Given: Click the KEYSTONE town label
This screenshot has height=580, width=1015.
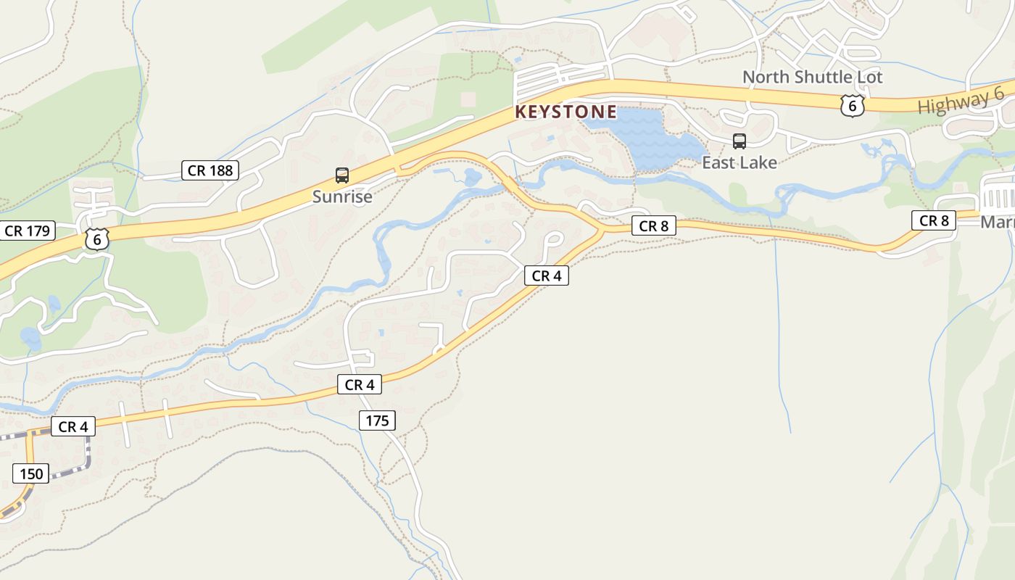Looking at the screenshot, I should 565,112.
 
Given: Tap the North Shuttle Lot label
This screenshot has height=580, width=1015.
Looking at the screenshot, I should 812,77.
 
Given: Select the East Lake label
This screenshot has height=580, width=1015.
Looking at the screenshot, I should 739,162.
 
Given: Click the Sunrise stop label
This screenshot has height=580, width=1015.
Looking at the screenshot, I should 342,196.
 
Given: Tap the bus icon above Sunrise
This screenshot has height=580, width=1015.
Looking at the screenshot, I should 342,175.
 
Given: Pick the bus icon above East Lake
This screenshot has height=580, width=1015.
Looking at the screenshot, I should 739,141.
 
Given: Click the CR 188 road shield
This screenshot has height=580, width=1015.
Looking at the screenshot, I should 210,170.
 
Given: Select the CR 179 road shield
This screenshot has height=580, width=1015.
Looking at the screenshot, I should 27,231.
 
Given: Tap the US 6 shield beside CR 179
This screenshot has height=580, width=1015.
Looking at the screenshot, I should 96,239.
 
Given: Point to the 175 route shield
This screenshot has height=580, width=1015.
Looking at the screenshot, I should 377,420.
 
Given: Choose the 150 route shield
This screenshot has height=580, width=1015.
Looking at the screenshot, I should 31,474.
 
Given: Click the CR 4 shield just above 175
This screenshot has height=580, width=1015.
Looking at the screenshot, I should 359,385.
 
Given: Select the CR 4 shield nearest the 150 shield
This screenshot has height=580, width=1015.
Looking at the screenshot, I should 72,426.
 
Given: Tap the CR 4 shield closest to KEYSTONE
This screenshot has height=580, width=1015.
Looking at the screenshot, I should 546,275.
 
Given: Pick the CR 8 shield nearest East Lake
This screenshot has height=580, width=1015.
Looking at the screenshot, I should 653,226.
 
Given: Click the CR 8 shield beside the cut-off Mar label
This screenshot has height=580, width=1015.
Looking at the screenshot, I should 934,220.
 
